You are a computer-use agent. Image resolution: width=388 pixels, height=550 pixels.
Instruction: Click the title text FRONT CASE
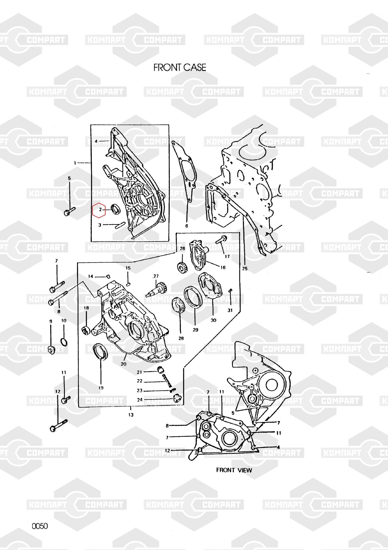tap(180, 68)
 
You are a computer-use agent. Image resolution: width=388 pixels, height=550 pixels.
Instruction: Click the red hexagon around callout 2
tap(99, 210)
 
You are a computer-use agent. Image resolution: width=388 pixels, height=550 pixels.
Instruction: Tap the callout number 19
tap(101, 388)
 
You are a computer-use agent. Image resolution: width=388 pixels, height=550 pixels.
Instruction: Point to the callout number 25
tap(245, 268)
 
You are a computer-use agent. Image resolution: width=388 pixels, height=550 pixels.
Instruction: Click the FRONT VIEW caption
tap(234, 470)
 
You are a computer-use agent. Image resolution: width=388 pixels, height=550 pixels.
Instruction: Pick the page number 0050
tap(40, 526)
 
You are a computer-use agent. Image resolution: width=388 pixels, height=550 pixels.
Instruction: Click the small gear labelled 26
tap(182, 267)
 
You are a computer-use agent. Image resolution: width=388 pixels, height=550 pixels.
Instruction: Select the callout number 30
tap(213, 320)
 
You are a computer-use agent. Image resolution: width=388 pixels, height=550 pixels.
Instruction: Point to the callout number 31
tap(230, 310)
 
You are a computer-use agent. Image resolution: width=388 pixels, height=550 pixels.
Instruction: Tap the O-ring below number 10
tap(64, 342)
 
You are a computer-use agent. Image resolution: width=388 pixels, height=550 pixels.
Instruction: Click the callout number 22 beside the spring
tap(140, 381)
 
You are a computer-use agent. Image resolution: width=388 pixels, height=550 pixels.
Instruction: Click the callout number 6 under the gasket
tap(187, 226)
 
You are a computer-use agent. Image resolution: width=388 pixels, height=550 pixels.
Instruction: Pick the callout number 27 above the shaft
tap(156, 276)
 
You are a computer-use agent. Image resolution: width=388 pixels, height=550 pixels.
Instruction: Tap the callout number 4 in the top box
tap(96, 141)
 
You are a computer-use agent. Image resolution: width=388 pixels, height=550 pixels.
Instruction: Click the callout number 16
tap(223, 267)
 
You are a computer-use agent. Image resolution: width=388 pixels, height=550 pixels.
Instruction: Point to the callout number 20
tap(123, 364)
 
